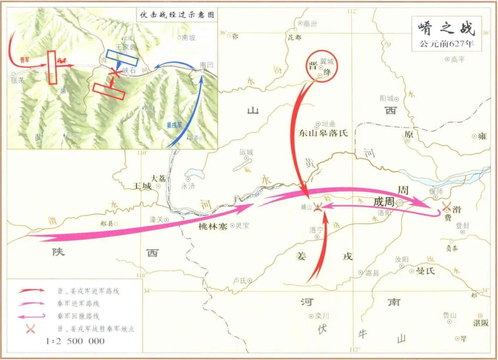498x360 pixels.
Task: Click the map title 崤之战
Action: pyautogui.click(x=446, y=29)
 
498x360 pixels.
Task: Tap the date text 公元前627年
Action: pyautogui.click(x=446, y=45)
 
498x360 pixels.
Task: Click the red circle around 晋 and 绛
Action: pyautogui.click(x=321, y=66)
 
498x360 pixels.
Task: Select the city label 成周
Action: pyautogui.click(x=385, y=202)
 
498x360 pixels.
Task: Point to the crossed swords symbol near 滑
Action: pyautogui.click(x=446, y=206)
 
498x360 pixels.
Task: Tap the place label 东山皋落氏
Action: pyautogui.click(x=322, y=133)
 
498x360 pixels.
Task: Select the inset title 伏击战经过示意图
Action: pyautogui.click(x=177, y=14)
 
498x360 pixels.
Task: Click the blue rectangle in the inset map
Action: pyautogui.click(x=121, y=57)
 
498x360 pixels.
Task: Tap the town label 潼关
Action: pyautogui.click(x=157, y=220)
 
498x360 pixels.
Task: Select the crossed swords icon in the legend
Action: pyautogui.click(x=31, y=329)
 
